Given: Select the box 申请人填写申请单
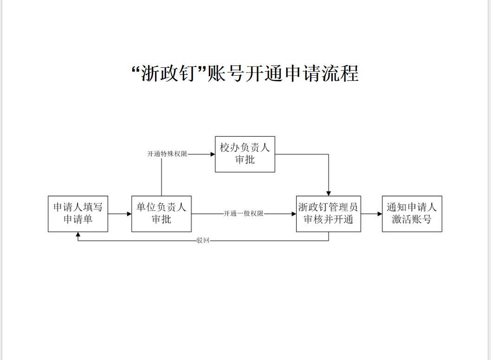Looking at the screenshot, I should [x=78, y=214].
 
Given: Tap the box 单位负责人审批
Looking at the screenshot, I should [x=162, y=214].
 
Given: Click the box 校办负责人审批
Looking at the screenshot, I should [x=245, y=154].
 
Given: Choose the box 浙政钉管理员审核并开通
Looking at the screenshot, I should [x=329, y=214].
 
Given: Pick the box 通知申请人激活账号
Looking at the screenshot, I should [x=412, y=214].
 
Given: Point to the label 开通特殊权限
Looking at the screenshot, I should [x=167, y=154].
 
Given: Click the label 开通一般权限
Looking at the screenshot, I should [x=244, y=214].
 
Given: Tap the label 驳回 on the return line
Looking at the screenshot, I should [x=203, y=241].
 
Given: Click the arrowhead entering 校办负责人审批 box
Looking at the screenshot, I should [x=213, y=154].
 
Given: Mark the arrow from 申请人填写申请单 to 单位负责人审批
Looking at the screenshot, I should [x=120, y=214].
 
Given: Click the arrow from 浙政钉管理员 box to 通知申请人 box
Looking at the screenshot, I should [x=371, y=214].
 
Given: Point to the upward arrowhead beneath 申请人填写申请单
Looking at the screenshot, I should [x=78, y=235].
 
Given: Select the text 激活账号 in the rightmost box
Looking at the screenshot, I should [x=412, y=219].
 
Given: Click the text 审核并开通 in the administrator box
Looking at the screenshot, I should [x=329, y=219].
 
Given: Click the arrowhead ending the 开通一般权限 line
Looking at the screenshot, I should [x=293, y=214].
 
